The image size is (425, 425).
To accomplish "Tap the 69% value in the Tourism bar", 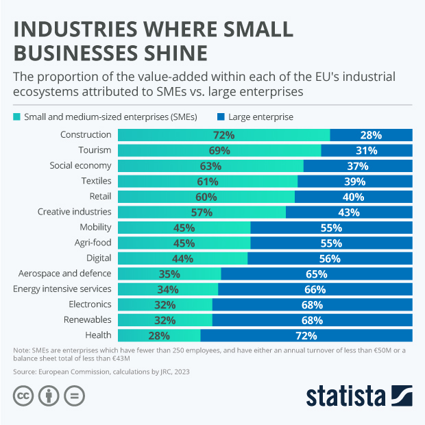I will click(x=219, y=150).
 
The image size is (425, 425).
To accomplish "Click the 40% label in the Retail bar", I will click(x=353, y=197).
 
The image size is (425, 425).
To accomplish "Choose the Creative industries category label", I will click(x=74, y=212).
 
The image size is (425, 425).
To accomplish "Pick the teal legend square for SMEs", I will click(x=17, y=117).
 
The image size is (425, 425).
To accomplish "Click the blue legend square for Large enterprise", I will click(x=220, y=117).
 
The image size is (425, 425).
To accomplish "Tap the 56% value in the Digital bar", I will click(x=330, y=258).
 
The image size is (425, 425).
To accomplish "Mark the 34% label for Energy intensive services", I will click(x=167, y=289).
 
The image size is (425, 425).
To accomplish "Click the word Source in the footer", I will click(x=25, y=371).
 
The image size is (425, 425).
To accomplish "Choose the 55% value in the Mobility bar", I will click(x=331, y=228).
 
